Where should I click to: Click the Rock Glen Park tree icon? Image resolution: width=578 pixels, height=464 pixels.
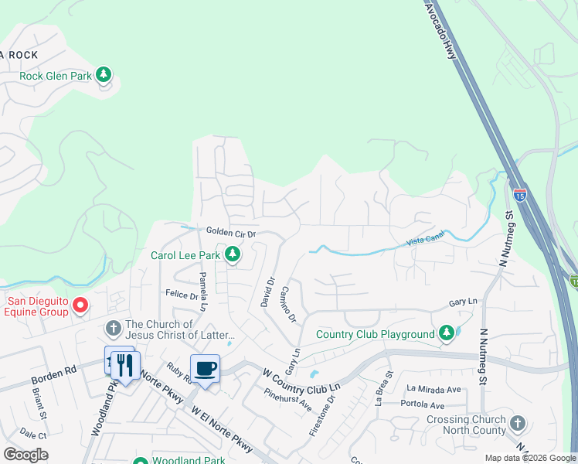[104, 75]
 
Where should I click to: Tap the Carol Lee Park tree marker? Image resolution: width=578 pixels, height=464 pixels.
[232, 254]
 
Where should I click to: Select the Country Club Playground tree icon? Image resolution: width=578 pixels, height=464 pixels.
[446, 334]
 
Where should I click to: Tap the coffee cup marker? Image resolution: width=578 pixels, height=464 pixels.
[205, 368]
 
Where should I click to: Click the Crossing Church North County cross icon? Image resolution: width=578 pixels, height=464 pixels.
[517, 424]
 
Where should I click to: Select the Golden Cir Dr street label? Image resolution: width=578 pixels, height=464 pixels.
[230, 232]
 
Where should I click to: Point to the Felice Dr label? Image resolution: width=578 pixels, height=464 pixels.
[182, 294]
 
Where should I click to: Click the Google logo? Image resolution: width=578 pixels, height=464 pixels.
[25, 455]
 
